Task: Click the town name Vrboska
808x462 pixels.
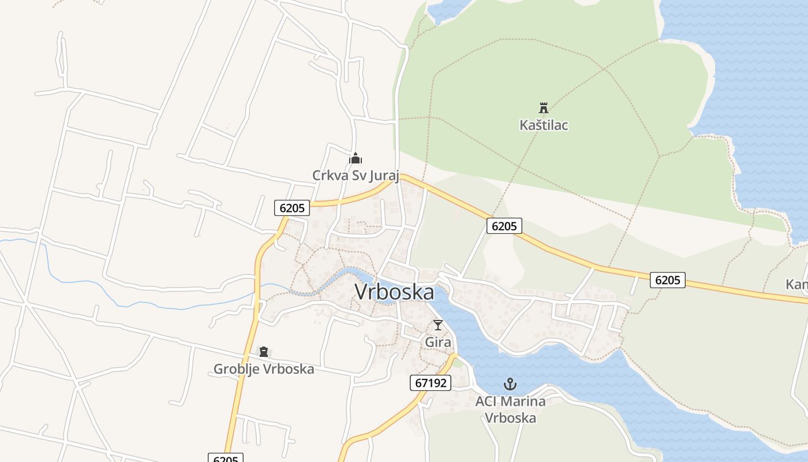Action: click(x=394, y=292)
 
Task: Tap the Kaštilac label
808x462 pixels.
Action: click(x=544, y=125)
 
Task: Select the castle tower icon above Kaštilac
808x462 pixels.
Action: click(x=543, y=107)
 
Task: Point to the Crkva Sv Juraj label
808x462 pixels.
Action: click(x=356, y=175)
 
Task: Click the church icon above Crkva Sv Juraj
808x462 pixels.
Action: click(x=356, y=158)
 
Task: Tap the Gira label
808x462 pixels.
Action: click(x=438, y=342)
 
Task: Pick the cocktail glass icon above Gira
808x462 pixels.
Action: click(x=438, y=325)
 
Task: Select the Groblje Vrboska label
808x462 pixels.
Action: click(x=264, y=369)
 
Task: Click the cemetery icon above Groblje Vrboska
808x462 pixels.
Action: click(x=264, y=351)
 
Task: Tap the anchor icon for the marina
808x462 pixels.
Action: click(x=510, y=383)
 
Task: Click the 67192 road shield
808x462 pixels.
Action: click(x=431, y=382)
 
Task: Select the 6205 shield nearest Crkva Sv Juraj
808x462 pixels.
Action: click(x=293, y=207)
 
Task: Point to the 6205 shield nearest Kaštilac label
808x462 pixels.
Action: click(x=504, y=226)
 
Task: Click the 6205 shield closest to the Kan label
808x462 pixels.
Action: click(x=668, y=280)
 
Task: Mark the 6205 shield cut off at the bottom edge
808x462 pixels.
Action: click(x=225, y=458)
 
